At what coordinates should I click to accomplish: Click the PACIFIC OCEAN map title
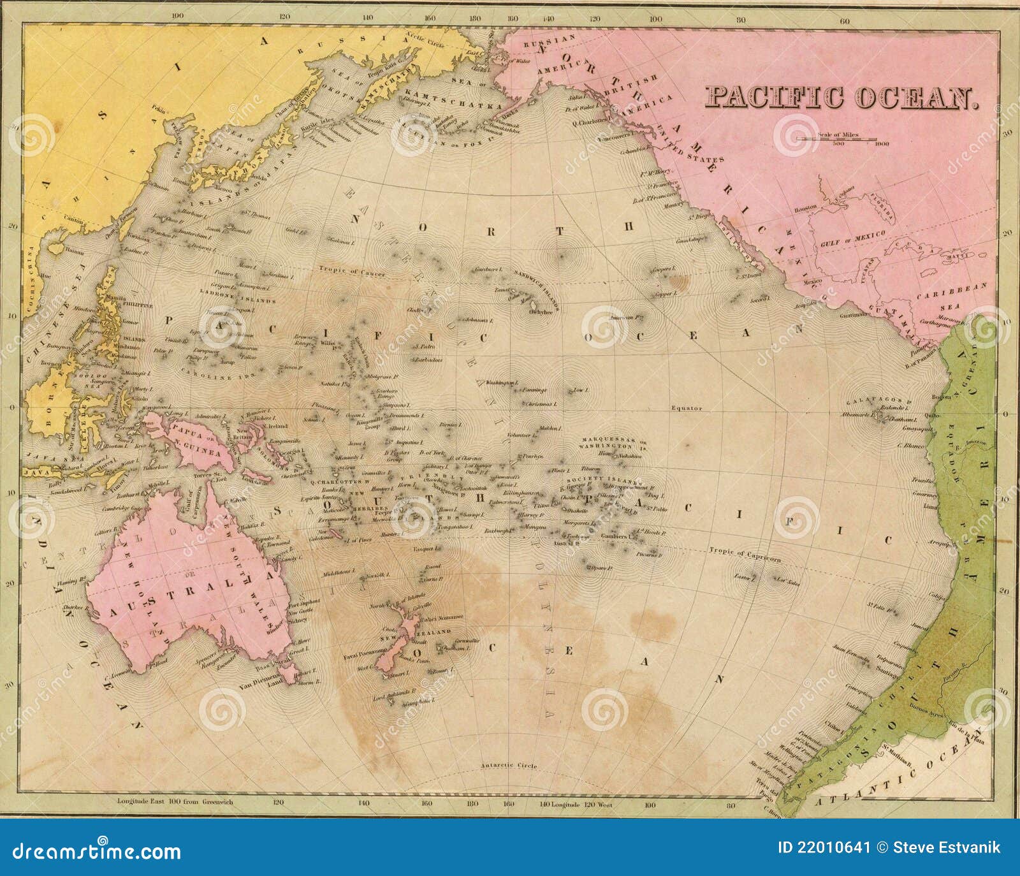point(841,98)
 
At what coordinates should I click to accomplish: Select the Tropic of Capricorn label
point(744,553)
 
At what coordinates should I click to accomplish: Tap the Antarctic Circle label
point(509,765)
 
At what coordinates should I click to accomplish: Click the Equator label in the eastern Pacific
point(687,408)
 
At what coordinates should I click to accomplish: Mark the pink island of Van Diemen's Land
point(288,672)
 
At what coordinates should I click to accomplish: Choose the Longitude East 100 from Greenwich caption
point(175,801)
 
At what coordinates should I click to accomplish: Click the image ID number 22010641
point(824,848)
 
